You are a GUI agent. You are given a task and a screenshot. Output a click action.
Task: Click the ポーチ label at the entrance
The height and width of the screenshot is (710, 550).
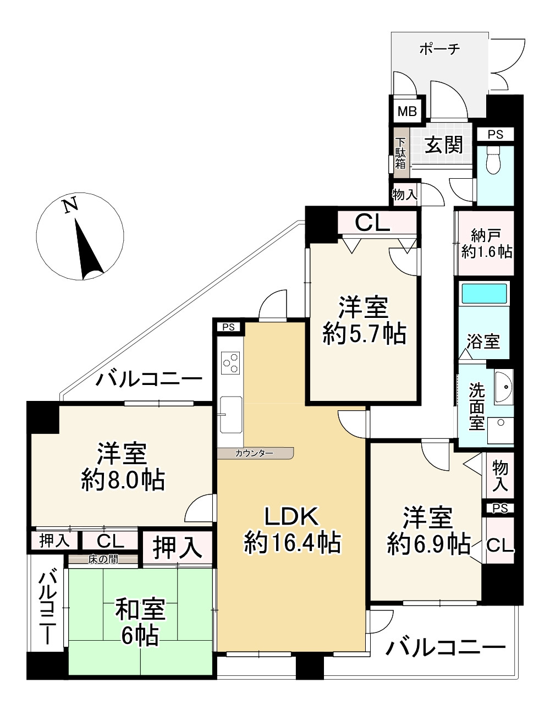coord(439,49)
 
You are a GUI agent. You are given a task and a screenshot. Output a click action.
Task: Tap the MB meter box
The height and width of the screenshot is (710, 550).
coord(407,112)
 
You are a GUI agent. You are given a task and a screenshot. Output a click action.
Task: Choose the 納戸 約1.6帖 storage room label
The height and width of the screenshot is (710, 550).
coord(486,244)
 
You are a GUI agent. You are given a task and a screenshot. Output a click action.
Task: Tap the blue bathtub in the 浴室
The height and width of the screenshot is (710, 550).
coord(483,293)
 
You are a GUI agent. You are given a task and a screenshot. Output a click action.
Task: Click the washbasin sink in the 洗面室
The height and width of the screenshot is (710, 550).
coord(503,387)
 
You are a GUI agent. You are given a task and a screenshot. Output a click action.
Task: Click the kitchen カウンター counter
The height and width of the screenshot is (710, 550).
coord(255,453)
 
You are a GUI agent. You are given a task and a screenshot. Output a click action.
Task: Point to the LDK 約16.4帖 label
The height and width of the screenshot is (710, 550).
coord(292,530)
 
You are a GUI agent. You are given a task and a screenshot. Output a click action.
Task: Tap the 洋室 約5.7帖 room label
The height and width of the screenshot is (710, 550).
coord(364,320)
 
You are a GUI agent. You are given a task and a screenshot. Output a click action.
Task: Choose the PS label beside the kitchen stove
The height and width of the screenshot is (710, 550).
coord(229,327)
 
